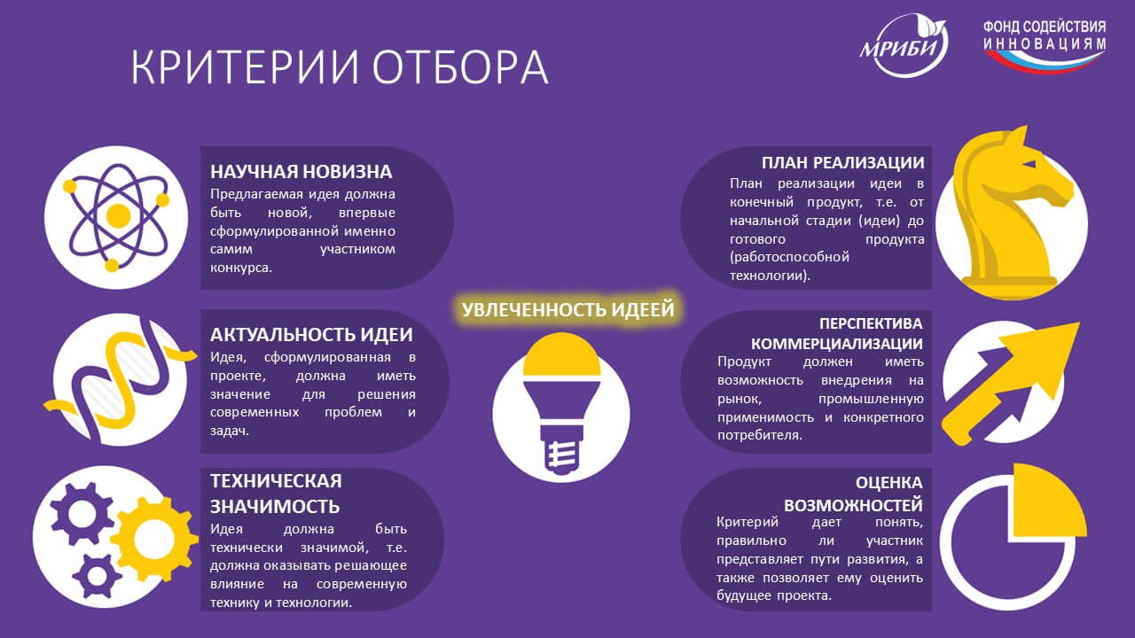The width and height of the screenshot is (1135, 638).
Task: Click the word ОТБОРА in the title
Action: pos(460,66)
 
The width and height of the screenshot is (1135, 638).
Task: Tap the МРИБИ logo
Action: pos(904,45)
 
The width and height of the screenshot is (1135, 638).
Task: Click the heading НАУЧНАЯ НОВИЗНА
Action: pos(301,172)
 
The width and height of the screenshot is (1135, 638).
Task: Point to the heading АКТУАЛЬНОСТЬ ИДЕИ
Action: pos(311,335)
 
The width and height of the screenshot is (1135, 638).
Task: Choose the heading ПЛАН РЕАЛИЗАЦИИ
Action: pos(842,162)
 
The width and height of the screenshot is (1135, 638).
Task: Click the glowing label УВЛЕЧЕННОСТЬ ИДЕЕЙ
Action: pos(568,309)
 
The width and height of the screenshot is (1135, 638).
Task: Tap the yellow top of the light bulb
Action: pos(561,354)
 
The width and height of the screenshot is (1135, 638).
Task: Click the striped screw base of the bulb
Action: pos(561,455)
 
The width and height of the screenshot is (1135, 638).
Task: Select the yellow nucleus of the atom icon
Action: pos(118,215)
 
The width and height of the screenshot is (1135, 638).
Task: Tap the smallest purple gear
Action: pos(97,575)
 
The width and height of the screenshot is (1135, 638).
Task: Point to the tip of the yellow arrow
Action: pos(1079,323)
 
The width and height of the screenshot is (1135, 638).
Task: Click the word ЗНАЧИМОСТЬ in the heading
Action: pos(275,506)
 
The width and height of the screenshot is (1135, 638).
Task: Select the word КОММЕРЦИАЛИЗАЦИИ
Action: pos(836,344)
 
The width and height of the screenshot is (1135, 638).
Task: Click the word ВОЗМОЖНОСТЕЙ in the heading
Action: pos(853,505)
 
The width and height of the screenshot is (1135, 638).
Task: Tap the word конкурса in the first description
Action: pos(240,268)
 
